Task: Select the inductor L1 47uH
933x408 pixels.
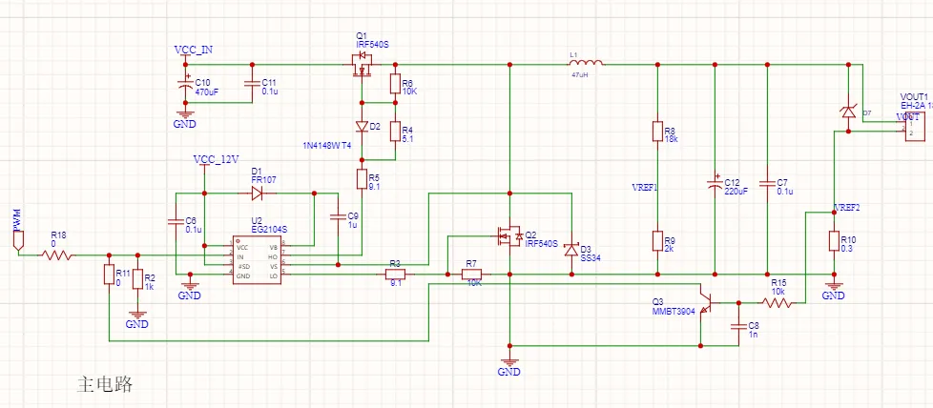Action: tap(579, 65)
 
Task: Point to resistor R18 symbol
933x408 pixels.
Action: tap(58, 255)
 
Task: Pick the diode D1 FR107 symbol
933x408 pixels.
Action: tap(257, 193)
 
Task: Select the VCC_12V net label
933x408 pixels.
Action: tap(216, 159)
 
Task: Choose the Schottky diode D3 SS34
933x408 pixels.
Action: tap(571, 250)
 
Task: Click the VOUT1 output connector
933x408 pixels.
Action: tap(915, 124)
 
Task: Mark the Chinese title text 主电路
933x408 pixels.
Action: tap(104, 384)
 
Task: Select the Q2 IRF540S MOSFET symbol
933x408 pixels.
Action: tap(507, 235)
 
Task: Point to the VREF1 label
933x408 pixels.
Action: tap(646, 187)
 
